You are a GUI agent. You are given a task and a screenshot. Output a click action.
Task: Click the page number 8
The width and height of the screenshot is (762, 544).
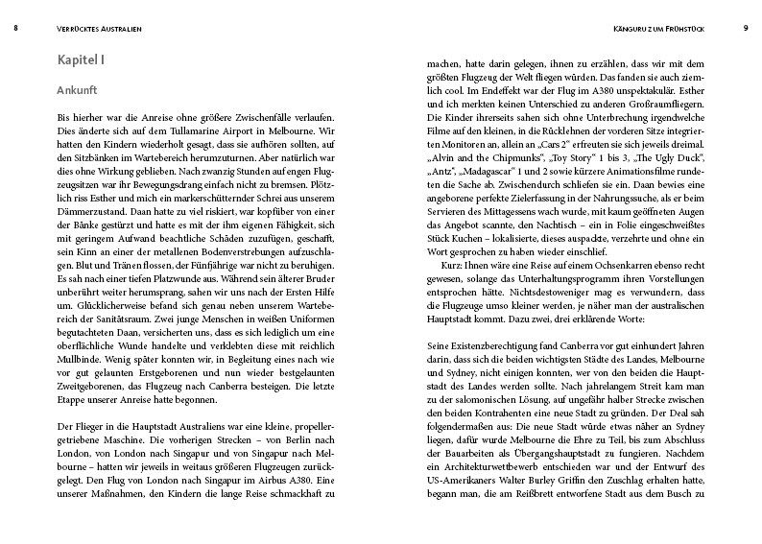point(15,29)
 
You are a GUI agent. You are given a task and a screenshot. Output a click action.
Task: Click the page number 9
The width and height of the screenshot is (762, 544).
point(745,29)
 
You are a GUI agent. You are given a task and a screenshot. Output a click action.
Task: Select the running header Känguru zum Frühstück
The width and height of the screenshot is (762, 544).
point(663,29)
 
